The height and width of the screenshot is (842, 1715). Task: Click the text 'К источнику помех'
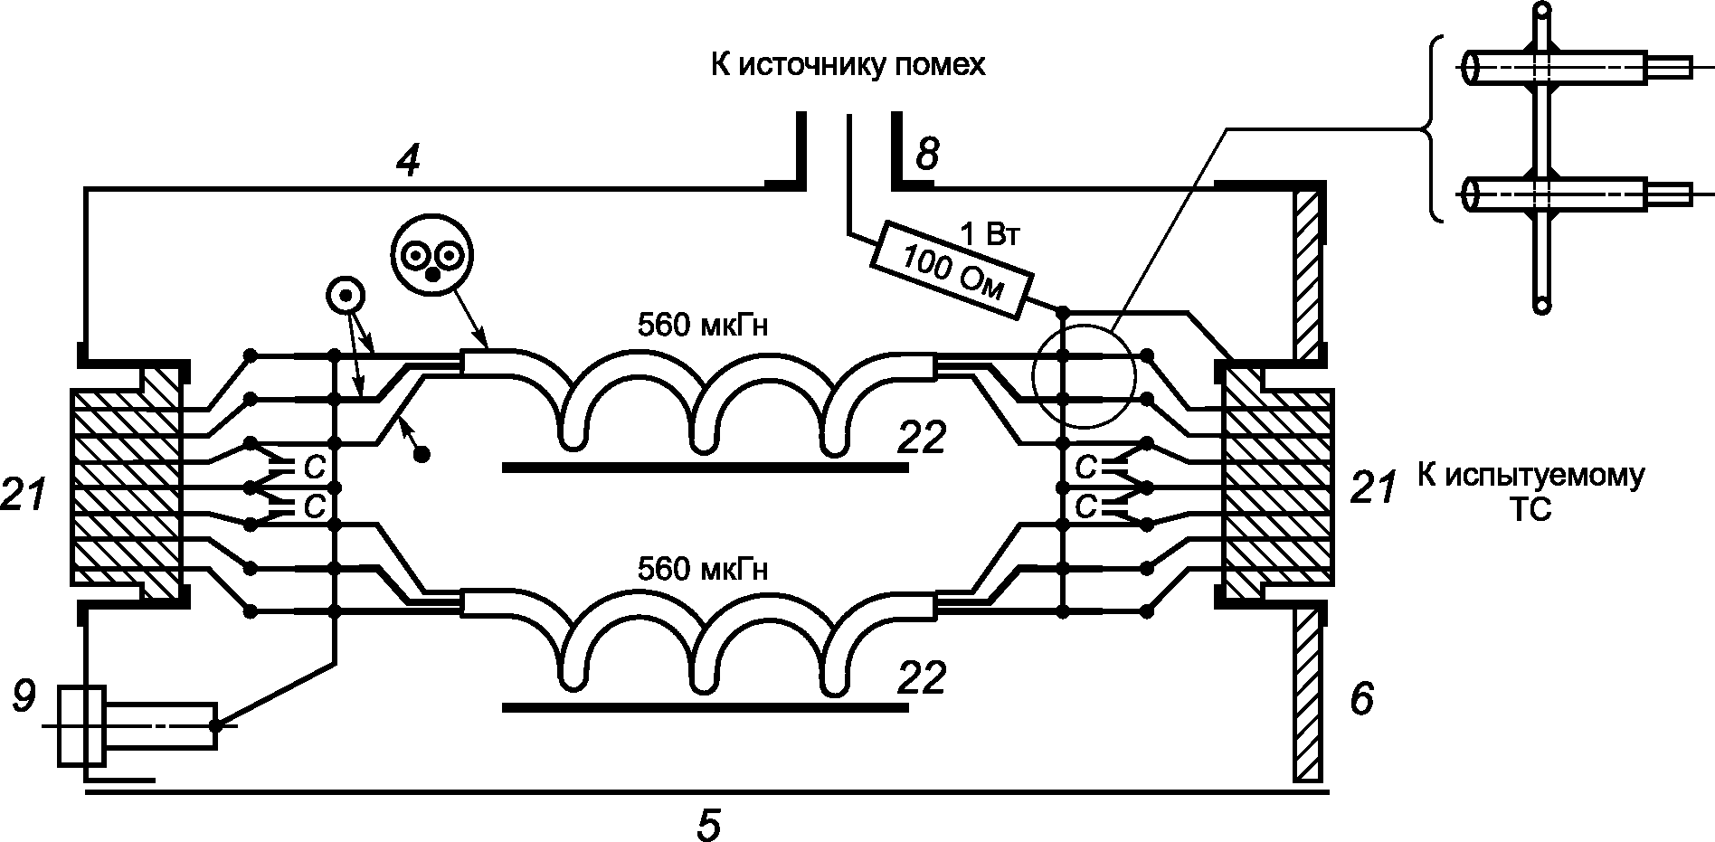(847, 66)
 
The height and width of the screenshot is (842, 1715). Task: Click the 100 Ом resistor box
(950, 270)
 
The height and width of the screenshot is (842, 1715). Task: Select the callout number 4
(409, 160)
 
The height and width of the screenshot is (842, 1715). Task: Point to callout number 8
(926, 155)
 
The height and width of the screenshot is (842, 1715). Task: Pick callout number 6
(1362, 698)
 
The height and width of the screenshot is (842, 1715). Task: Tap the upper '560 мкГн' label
(703, 325)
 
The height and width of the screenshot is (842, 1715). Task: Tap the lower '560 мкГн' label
(703, 570)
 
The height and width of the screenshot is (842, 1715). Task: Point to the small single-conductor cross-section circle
(346, 295)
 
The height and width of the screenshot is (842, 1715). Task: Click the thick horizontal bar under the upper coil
(705, 468)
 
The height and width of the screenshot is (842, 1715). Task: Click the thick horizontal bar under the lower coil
(705, 708)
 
